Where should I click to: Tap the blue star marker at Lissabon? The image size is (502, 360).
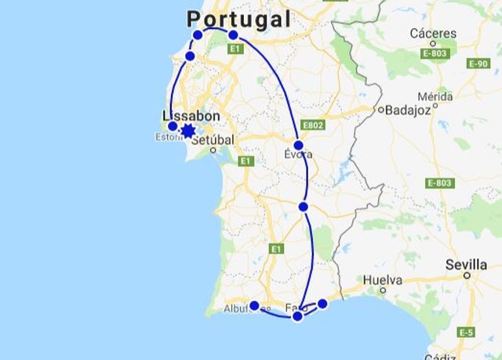(187, 130)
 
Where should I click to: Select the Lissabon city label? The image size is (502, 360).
(192, 115)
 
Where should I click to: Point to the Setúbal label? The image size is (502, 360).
(213, 138)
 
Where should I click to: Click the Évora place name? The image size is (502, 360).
(298, 155)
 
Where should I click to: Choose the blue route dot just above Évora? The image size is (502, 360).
(299, 144)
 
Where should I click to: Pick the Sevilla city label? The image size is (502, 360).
(467, 264)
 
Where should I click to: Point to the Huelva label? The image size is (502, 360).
(383, 279)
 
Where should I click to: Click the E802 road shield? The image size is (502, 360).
(312, 125)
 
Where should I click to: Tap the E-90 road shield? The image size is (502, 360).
(478, 63)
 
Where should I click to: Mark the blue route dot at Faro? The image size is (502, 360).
(297, 316)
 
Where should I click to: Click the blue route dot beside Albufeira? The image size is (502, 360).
(254, 306)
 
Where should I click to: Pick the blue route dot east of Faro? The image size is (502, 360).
(322, 304)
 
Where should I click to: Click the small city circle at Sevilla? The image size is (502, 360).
(467, 275)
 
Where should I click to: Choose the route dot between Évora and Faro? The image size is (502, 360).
(304, 206)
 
